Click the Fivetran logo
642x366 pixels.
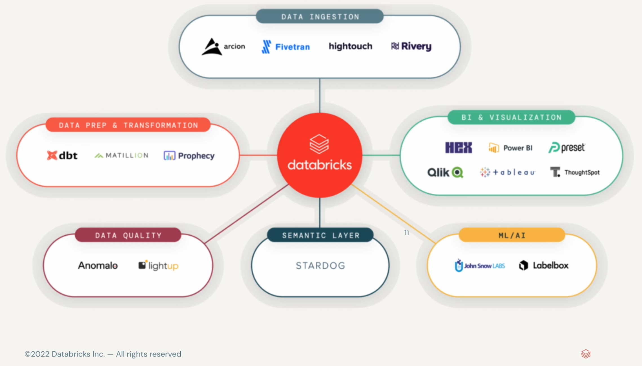point(286,46)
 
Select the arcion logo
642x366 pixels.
point(223,46)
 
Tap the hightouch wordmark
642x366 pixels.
point(350,46)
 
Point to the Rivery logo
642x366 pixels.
point(411,46)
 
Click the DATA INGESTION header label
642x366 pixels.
point(320,17)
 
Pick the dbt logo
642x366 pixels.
point(62,155)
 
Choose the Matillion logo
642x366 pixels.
point(121,155)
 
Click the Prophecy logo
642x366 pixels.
point(189,156)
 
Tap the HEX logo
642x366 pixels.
point(459,148)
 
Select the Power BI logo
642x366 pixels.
point(510,148)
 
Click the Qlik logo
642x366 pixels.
point(445,172)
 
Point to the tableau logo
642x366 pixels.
point(507,172)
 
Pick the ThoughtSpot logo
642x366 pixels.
point(575,172)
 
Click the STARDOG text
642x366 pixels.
point(320,265)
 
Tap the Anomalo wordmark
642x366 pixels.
point(98,265)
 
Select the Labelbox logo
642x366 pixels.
point(544,265)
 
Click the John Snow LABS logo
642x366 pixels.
point(480,265)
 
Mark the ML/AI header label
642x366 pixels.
point(512,235)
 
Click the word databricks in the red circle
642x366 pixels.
point(320,165)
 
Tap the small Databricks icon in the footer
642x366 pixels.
point(586,354)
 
